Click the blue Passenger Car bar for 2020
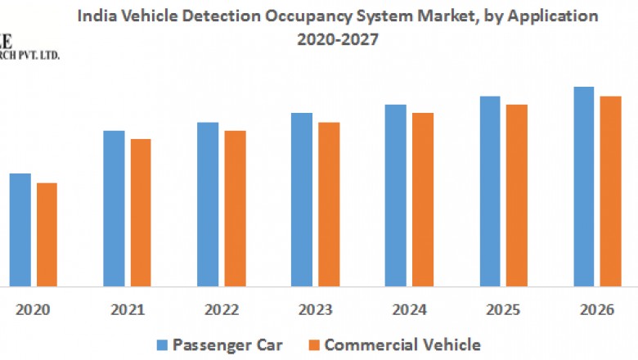click(20, 230)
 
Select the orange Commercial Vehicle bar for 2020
click(47, 235)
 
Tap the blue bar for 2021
click(114, 209)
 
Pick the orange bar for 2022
click(235, 209)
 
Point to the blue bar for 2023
click(301, 200)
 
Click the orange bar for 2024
click(423, 200)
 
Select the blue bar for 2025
click(489, 191)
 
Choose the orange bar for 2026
click(611, 191)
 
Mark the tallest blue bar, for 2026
click(583, 187)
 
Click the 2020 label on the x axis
click(34, 311)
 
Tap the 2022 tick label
click(221, 311)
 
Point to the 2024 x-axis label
click(409, 311)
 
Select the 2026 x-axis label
click(597, 311)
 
